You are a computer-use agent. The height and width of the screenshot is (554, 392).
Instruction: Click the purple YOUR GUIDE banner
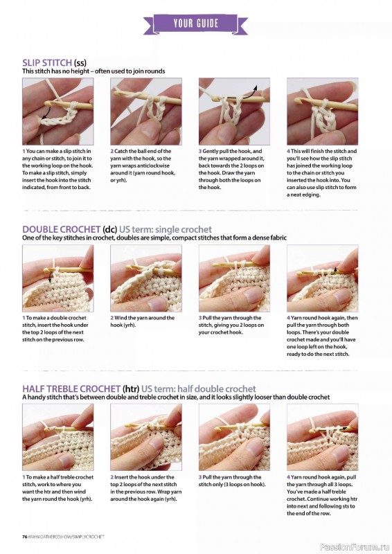(x=196, y=23)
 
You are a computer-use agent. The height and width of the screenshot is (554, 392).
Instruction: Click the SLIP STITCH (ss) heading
(x=54, y=62)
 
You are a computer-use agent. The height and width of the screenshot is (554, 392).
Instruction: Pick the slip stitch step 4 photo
(x=322, y=111)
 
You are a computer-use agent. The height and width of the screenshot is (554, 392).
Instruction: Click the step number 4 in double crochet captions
(x=288, y=318)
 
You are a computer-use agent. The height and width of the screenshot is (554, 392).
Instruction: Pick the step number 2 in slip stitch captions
(x=112, y=151)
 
